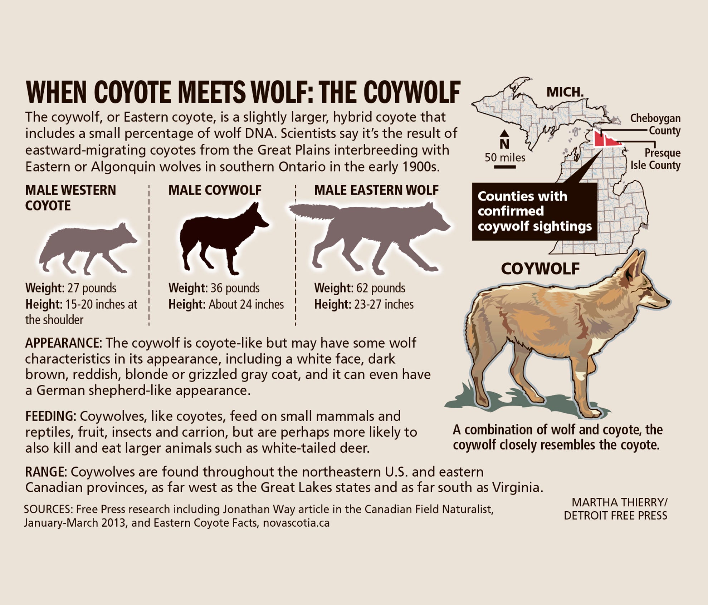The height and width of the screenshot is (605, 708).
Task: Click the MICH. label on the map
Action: [x=565, y=92]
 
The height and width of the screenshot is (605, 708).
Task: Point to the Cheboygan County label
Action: [x=655, y=124]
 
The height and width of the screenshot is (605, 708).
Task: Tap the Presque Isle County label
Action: [x=655, y=159]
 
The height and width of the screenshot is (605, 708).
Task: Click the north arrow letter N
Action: [x=504, y=144]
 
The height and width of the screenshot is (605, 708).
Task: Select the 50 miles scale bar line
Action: [x=505, y=167]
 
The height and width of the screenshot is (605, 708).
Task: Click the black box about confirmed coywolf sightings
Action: [x=534, y=211]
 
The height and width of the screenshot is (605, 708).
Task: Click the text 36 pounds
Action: [x=235, y=288]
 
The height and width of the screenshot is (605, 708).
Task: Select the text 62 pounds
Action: [x=381, y=288]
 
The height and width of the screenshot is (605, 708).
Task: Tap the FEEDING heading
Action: [x=50, y=416]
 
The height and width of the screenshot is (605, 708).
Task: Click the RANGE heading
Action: [x=46, y=472]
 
